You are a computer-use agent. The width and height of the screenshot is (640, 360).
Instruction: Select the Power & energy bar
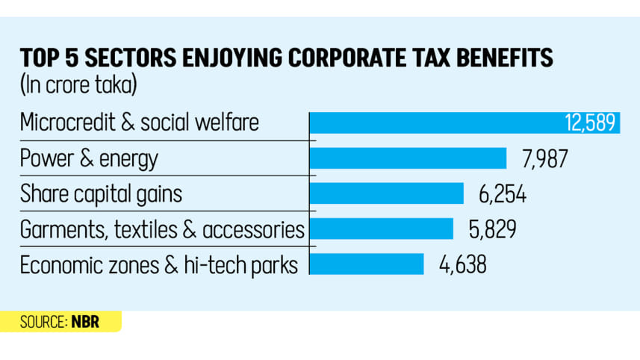point(408,158)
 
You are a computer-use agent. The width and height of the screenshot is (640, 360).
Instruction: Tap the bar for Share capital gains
point(387,194)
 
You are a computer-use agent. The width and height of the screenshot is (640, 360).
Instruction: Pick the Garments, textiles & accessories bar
point(382,229)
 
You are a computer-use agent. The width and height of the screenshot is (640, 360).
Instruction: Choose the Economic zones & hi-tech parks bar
point(367,264)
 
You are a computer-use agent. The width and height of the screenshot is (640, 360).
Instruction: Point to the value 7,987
point(544,158)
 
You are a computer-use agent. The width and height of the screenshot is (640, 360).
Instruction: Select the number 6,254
point(502,194)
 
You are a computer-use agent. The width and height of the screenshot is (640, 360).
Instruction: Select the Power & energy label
point(89,158)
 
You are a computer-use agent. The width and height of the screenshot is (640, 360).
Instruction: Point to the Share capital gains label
point(101,194)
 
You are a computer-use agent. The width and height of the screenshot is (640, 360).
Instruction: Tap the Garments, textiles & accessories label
point(162,229)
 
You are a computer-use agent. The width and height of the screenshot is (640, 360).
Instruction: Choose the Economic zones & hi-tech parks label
point(160,264)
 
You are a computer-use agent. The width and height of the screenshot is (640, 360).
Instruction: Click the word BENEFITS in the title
point(501,58)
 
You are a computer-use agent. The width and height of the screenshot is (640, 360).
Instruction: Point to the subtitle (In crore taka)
point(78,84)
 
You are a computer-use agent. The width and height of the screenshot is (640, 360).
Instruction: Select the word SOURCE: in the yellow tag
point(43,322)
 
